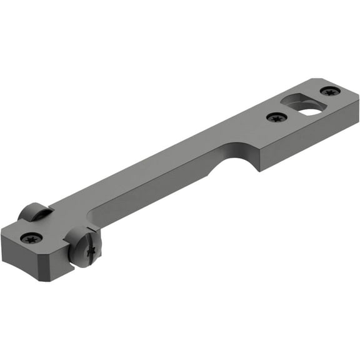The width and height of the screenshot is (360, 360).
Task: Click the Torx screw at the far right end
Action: click(x=330, y=92)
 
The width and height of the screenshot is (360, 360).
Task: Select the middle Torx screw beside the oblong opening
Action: click(x=274, y=117)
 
